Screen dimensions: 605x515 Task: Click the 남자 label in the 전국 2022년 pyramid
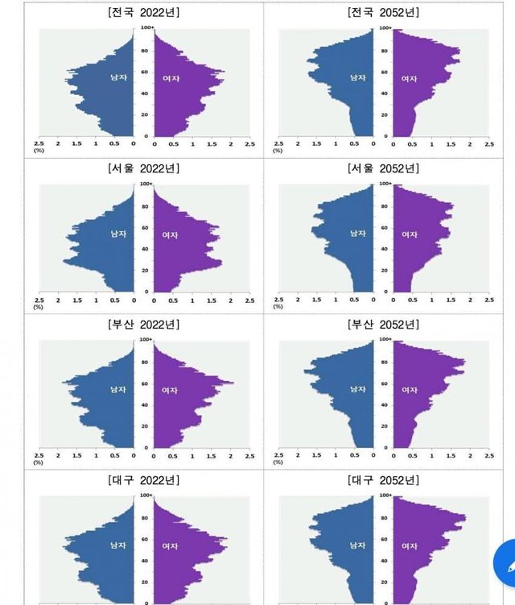[x=118, y=78]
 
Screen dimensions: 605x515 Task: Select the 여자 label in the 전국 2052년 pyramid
[x=409, y=78]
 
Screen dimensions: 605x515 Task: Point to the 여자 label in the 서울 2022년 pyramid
[x=170, y=234]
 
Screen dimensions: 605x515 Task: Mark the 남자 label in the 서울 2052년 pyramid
[x=357, y=234]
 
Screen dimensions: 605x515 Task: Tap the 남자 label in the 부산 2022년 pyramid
[x=118, y=389]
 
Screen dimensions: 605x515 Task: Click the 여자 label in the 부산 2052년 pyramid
[x=409, y=390]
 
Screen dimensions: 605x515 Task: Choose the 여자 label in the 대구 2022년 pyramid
[x=170, y=545]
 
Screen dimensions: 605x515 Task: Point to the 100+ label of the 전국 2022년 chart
[x=145, y=27]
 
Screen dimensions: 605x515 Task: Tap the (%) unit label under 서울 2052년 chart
[x=278, y=306]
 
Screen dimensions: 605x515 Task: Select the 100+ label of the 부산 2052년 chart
[x=385, y=339]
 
